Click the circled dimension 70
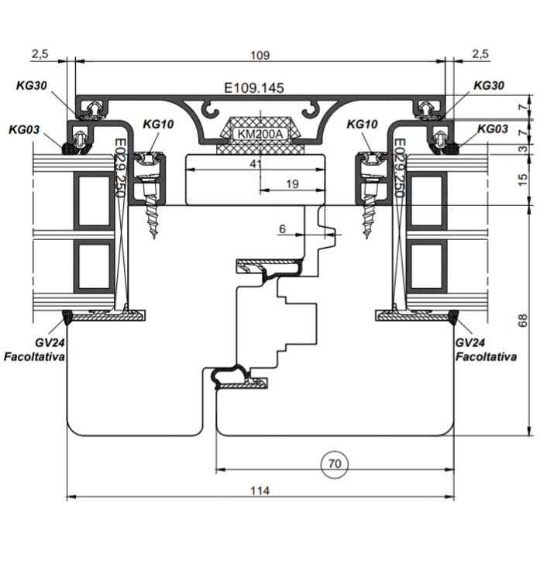334,464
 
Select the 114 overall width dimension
260,490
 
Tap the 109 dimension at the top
260,55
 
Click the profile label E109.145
254,88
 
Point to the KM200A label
260,134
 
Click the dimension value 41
256,163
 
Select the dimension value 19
292,184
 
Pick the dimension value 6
282,229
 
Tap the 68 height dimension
522,320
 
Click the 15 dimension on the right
522,179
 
